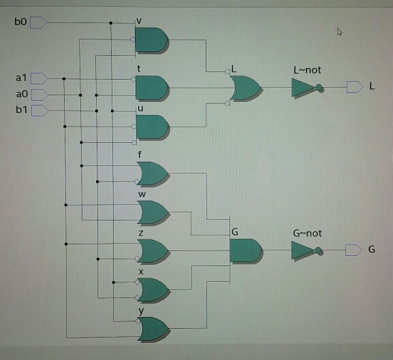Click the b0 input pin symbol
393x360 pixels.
[38, 22]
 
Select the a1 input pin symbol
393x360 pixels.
[40, 78]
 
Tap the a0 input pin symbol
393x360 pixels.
[40, 95]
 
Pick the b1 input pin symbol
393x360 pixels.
[40, 110]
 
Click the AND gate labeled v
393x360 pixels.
[152, 40]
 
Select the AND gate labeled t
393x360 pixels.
[153, 88]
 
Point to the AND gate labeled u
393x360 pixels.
[153, 127]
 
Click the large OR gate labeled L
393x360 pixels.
[246, 88]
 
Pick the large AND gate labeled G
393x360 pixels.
[247, 251]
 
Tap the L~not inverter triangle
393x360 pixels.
[304, 88]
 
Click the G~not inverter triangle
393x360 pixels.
[303, 250]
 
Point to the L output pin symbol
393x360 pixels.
[355, 87]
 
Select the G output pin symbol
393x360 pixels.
[353, 250]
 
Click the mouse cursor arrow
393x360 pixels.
[339, 32]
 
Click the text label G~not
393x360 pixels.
[307, 233]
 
